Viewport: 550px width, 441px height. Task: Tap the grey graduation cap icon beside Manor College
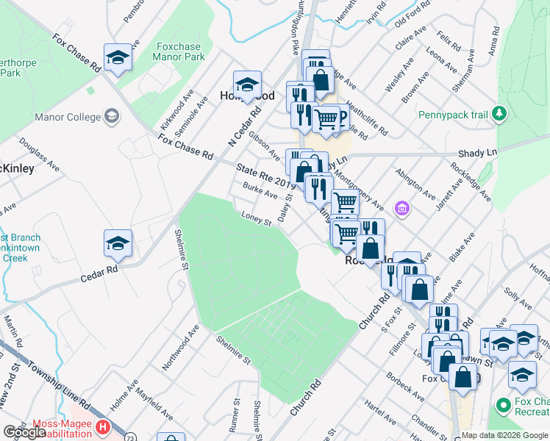coord(112,116)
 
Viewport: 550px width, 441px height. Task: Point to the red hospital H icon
coord(103,426)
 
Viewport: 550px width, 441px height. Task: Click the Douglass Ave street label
coord(39,154)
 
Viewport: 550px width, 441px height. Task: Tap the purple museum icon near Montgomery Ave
coord(401,210)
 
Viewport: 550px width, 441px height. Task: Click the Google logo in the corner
coord(24,432)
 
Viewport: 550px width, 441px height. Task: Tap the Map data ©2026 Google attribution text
coord(505,435)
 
